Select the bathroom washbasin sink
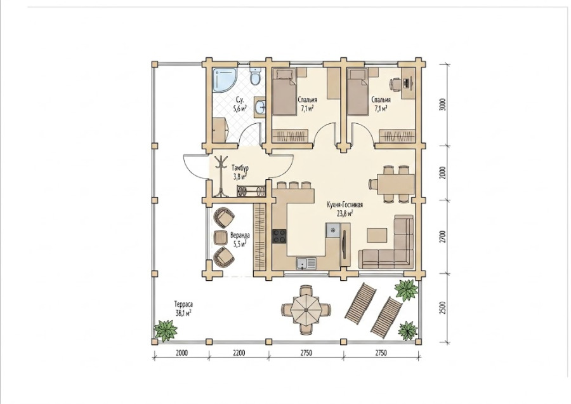click(x=260, y=107)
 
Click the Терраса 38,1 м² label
click(x=183, y=309)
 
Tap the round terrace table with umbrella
click(x=306, y=310)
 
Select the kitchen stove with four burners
click(x=279, y=236)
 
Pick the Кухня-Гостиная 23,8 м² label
click(x=345, y=209)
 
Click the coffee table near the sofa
click(x=377, y=235)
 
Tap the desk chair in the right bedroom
click(x=395, y=84)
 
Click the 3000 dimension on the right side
click(x=442, y=105)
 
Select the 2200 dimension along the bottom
click(x=239, y=353)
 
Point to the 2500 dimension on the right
click(x=442, y=308)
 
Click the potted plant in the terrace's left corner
click(x=166, y=330)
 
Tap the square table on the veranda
click(x=220, y=238)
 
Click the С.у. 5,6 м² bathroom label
click(x=239, y=104)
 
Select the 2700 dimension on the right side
click(x=442, y=237)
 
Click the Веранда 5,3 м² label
click(x=239, y=239)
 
